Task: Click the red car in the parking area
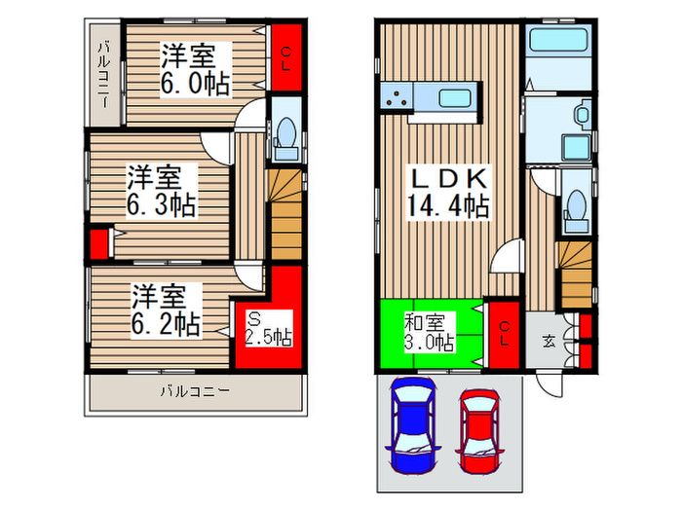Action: [x=479, y=428]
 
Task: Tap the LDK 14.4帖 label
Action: [x=447, y=194]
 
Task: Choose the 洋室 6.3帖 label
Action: [x=162, y=192]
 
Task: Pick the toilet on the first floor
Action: [x=575, y=207]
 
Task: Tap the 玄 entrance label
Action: [x=549, y=341]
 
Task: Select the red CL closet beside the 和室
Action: [x=504, y=333]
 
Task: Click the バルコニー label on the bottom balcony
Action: [x=195, y=392]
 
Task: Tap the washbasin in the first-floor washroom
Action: [x=583, y=115]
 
